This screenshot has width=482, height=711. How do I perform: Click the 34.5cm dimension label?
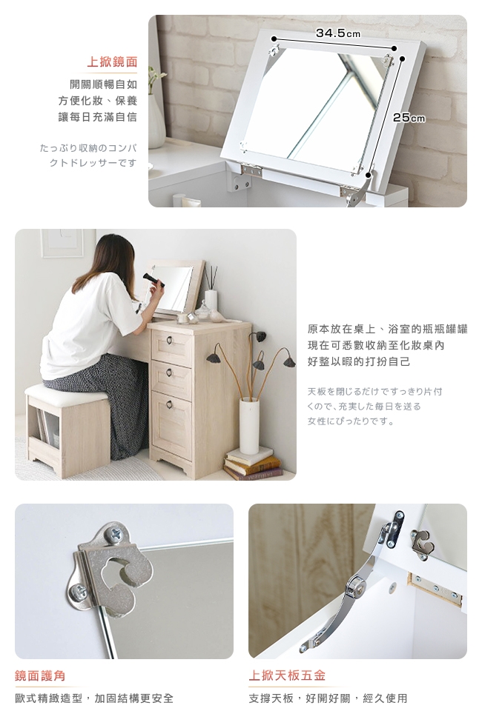[338, 33]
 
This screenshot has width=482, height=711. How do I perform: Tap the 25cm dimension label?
[409, 118]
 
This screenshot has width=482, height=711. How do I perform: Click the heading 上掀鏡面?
[112, 61]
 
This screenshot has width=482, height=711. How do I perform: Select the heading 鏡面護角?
[40, 675]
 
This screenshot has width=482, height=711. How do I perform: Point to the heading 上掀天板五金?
[287, 675]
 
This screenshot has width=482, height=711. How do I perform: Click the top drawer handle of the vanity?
[170, 340]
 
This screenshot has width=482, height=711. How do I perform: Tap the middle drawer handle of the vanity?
[169, 373]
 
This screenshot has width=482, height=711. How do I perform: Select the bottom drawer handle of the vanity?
[169, 405]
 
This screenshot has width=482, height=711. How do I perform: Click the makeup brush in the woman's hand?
[153, 280]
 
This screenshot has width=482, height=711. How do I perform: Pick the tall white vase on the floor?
[248, 425]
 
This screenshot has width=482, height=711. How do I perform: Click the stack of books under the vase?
[252, 463]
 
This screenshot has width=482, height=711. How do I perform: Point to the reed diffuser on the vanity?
[211, 290]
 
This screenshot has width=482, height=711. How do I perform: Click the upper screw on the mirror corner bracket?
[114, 534]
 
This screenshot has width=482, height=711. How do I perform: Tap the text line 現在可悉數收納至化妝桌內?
[376, 346]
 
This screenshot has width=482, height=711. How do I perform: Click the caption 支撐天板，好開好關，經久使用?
[329, 698]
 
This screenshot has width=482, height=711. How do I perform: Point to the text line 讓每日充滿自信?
[98, 117]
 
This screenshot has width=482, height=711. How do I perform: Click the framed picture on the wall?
[62, 243]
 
